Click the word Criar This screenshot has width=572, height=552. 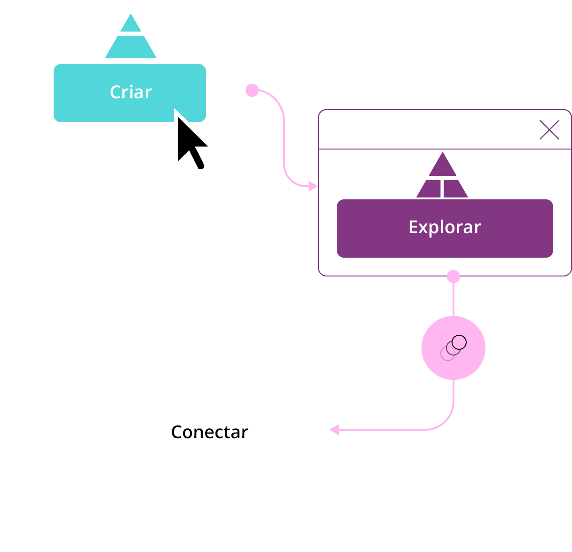tap(130, 92)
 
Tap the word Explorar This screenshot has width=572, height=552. tap(444, 227)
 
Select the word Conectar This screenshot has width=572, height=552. tap(209, 432)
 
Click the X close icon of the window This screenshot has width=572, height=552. tap(548, 130)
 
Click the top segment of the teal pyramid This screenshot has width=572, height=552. tap(130, 23)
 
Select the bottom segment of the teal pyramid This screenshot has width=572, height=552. tap(130, 47)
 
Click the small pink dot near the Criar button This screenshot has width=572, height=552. tap(252, 90)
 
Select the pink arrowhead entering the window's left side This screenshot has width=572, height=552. tap(312, 186)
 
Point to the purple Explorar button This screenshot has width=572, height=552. tap(444, 228)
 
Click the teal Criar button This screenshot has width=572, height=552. tap(130, 93)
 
